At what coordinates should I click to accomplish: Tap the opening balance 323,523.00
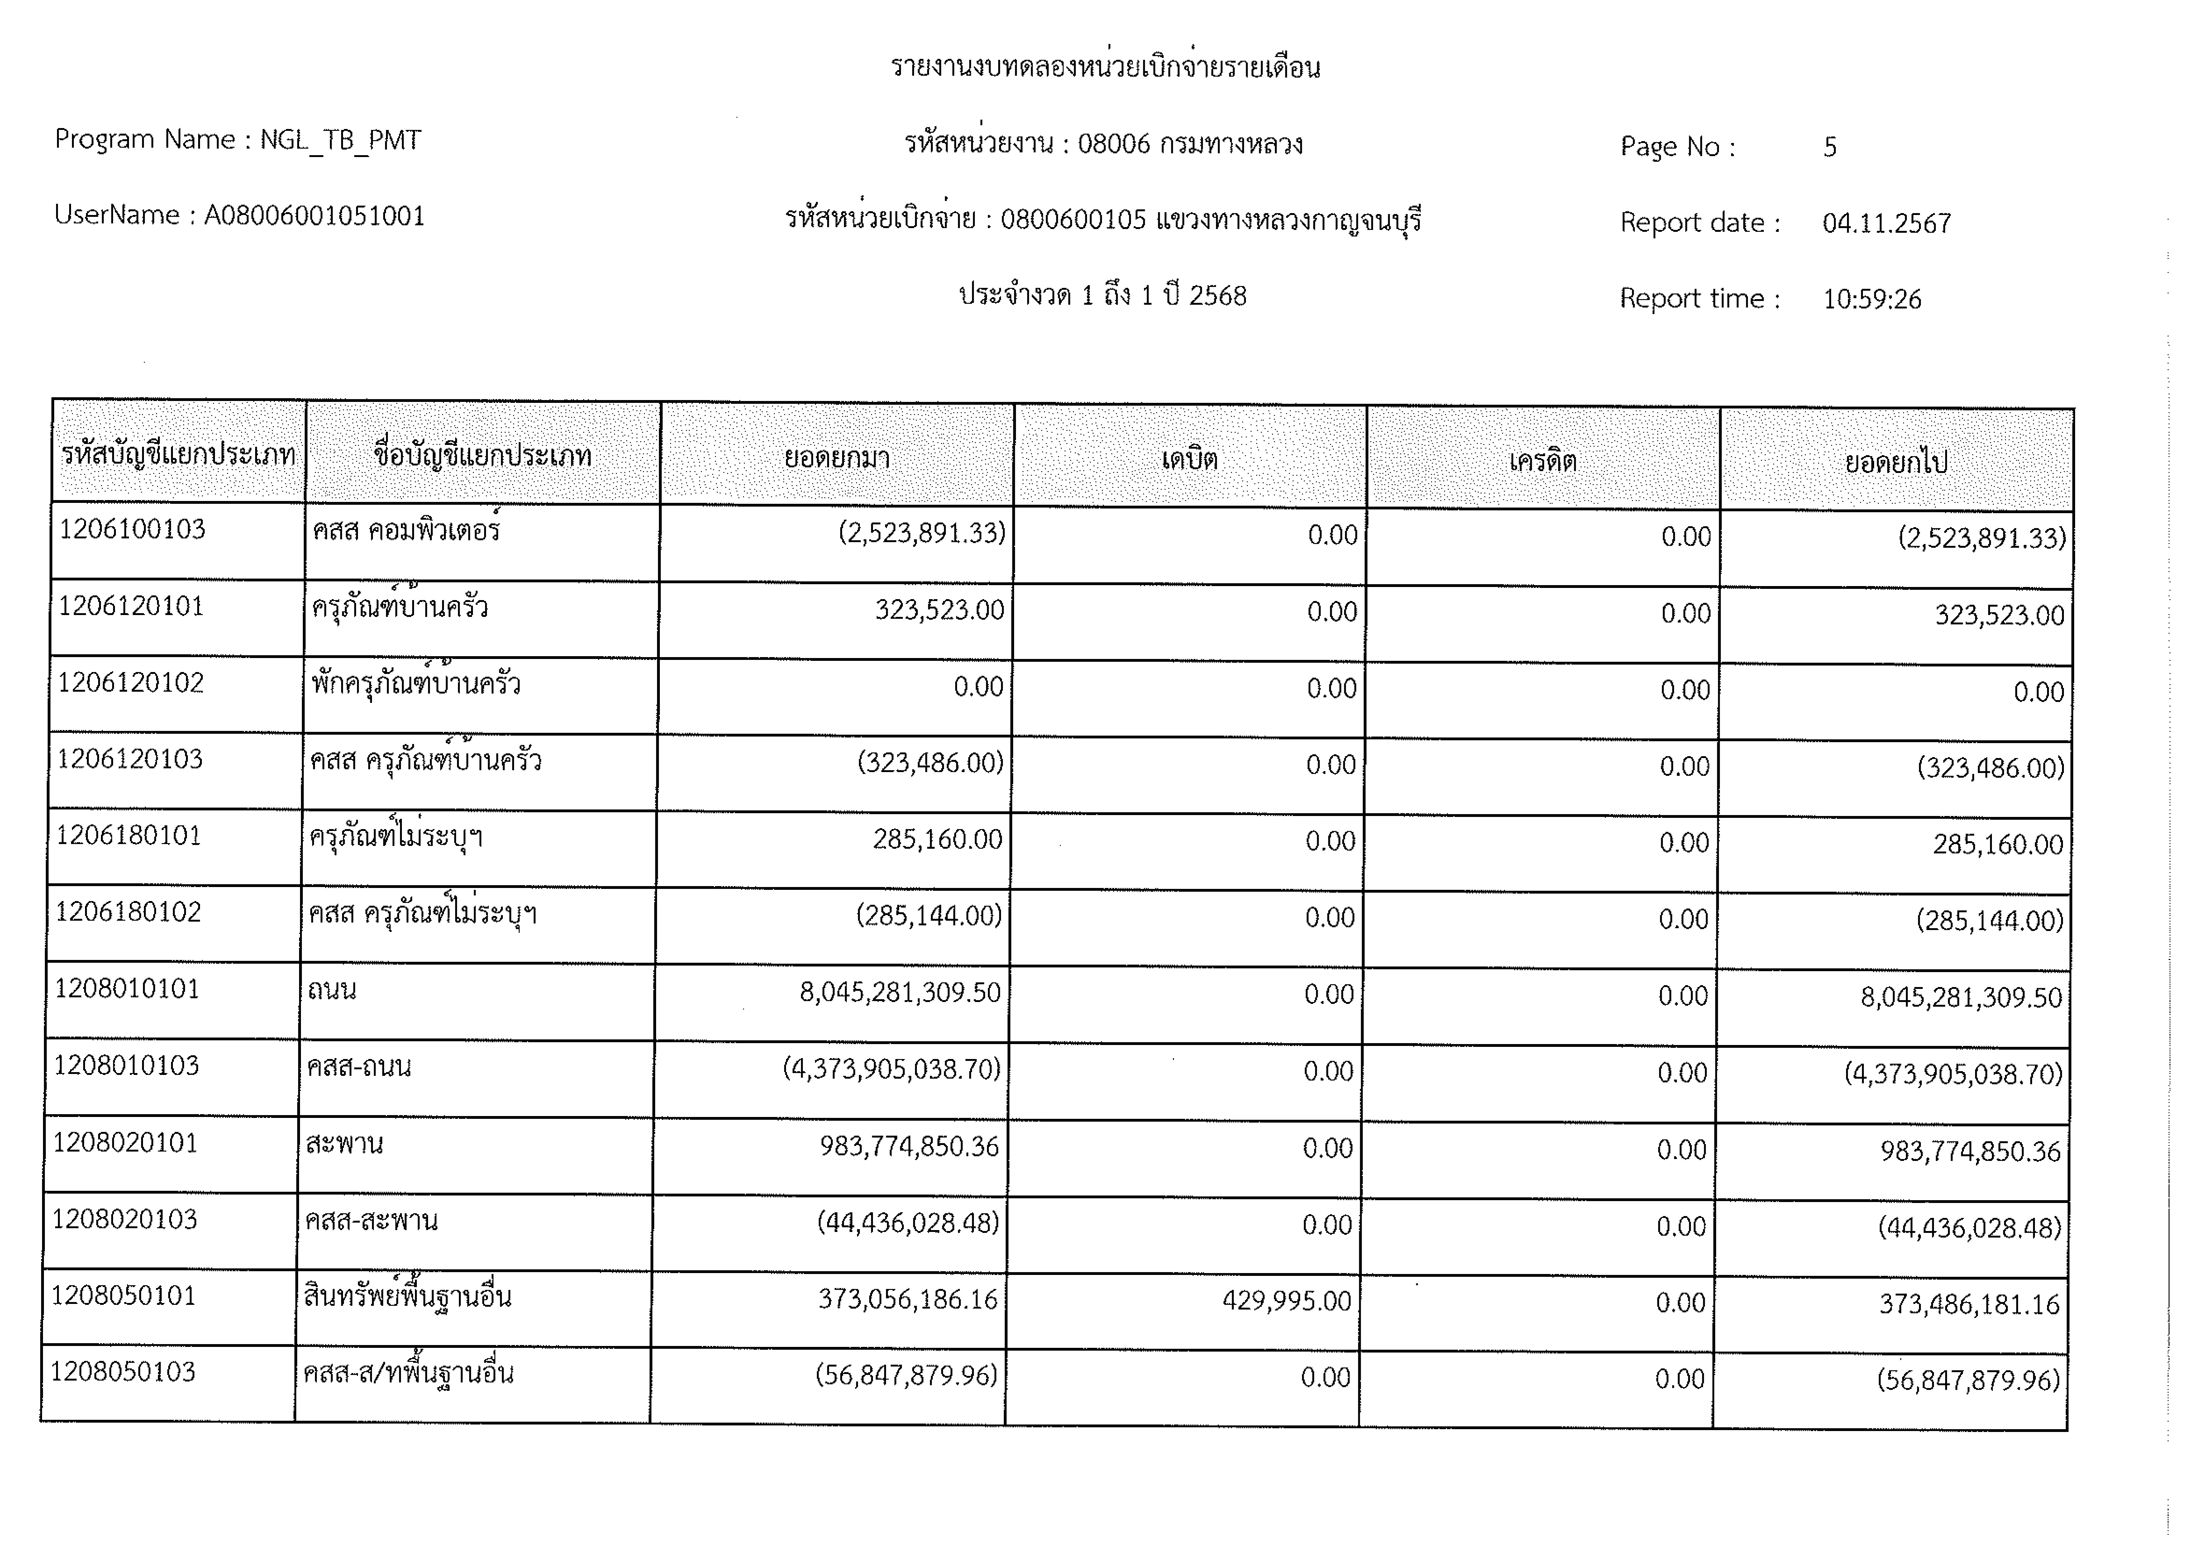(x=940, y=610)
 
